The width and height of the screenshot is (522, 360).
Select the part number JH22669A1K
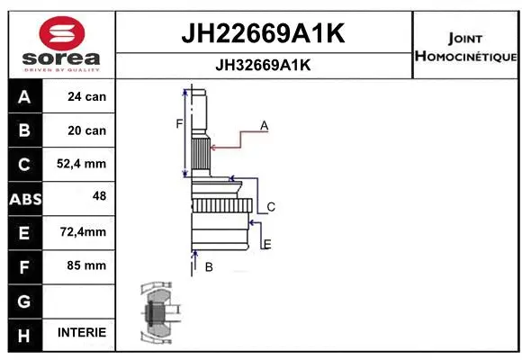click(x=264, y=33)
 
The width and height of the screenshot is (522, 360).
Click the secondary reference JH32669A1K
click(x=264, y=65)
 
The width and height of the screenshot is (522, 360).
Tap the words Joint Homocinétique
click(x=464, y=48)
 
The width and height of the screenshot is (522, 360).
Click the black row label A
click(x=23, y=97)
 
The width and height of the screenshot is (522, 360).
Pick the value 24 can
click(x=87, y=97)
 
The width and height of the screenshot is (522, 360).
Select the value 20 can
click(x=87, y=130)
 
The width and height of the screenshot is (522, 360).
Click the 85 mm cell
click(x=87, y=265)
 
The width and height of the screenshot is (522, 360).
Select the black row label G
click(x=23, y=300)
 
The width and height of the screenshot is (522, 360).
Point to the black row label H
click(x=23, y=334)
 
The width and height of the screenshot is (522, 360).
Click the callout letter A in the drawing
click(x=265, y=125)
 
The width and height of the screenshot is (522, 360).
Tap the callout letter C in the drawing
click(x=270, y=207)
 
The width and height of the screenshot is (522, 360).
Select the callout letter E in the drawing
click(x=267, y=244)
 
